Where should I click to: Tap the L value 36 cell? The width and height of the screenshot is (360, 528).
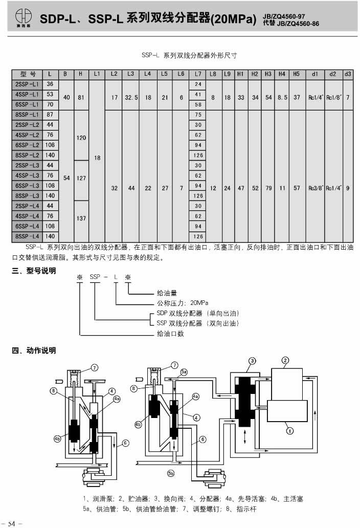point(50,84)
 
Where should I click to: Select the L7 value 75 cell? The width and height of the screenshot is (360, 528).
point(198,115)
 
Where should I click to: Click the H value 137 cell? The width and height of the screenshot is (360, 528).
point(81,218)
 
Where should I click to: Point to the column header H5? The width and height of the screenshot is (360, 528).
point(297,74)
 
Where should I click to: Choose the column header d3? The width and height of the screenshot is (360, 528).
point(348,74)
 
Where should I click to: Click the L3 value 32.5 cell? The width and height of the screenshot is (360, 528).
point(131,97)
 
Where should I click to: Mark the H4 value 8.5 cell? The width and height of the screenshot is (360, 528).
point(282,97)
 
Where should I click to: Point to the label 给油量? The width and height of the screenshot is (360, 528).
point(167,293)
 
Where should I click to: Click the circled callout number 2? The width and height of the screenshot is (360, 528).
point(285,361)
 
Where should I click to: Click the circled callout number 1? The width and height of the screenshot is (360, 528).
point(290,431)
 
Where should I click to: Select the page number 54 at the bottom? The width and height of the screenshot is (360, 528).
point(11,523)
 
